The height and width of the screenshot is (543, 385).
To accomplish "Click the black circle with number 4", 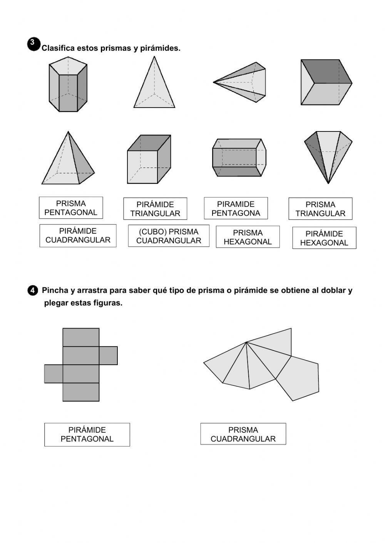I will click(33, 291).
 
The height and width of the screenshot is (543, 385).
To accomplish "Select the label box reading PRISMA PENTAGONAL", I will click(71, 208).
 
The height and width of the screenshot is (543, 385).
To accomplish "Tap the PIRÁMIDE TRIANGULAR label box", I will click(155, 209).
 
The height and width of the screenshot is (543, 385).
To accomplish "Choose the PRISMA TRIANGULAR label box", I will click(320, 209).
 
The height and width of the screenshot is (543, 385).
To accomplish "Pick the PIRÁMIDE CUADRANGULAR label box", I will click(78, 236).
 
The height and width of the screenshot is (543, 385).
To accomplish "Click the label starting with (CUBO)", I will click(169, 236).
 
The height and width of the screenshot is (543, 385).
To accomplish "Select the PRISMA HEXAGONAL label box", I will click(248, 237).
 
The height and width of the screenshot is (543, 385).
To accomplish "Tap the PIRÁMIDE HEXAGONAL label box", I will click(324, 238).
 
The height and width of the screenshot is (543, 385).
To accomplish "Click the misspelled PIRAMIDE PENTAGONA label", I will click(236, 209).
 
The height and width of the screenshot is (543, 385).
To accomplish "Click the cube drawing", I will click(149, 159).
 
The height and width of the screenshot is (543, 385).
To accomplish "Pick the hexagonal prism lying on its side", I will click(239, 158).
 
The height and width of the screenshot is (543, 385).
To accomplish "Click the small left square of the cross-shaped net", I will click(54, 374).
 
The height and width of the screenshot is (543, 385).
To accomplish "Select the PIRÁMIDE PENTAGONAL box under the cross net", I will click(87, 435).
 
